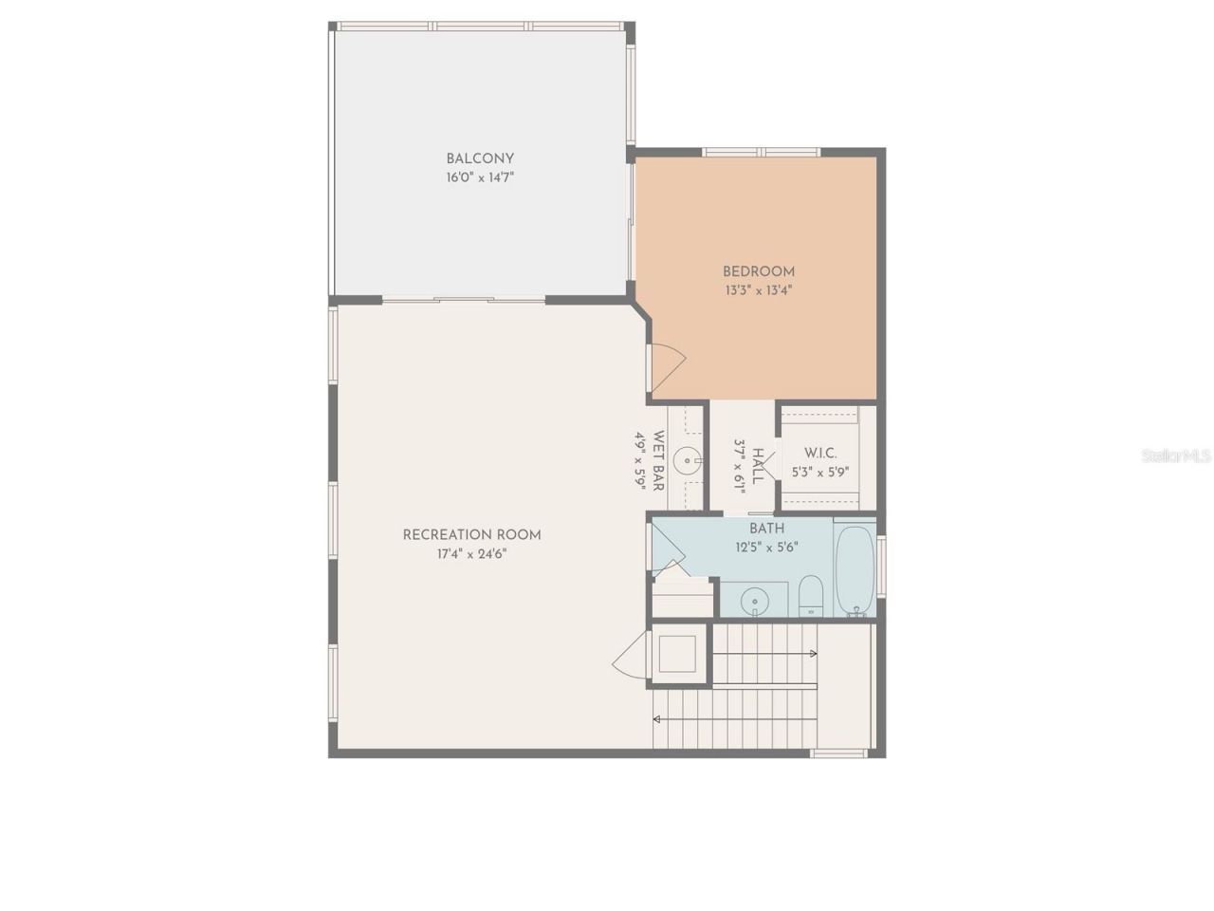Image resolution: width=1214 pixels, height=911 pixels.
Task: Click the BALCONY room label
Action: pos(480,158)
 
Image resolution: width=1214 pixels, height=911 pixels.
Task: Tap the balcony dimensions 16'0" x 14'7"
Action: pos(480,177)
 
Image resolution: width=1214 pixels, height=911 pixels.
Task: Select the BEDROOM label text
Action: pos(758,271)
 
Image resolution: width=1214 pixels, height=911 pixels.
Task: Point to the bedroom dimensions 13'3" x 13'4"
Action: pos(758,290)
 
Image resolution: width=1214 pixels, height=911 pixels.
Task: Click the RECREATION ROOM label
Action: pos(471,534)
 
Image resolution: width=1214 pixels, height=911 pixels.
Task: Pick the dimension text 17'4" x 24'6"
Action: pos(471,554)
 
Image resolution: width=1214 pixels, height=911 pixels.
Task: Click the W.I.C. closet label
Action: pos(820,454)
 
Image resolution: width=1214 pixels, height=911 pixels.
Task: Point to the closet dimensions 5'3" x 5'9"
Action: pos(820,472)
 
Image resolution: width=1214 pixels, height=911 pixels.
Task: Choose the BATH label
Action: pos(766,529)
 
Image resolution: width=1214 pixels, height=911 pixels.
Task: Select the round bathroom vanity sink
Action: pos(755,600)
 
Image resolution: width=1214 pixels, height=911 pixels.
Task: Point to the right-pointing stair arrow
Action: pos(813,653)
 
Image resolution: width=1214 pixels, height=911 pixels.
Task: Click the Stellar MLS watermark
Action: pos(1176,456)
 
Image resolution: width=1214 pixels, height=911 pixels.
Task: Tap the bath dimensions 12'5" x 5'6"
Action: pos(766,548)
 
